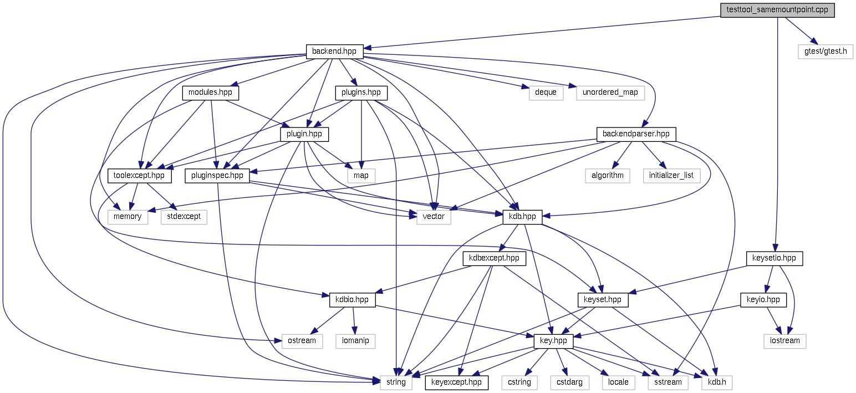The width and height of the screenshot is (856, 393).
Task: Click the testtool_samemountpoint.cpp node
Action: pyautogui.click(x=777, y=11)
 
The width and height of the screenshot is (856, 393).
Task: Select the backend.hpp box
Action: pyautogui.click(x=334, y=52)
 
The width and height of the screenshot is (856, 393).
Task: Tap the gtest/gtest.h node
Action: pyautogui.click(x=826, y=52)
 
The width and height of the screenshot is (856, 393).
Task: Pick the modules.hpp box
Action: pyautogui.click(x=210, y=93)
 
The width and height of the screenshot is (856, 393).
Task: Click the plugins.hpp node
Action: pyautogui.click(x=361, y=93)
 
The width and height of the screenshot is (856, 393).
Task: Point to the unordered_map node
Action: pyautogui.click(x=610, y=93)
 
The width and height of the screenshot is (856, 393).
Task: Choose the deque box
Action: pyautogui.click(x=546, y=93)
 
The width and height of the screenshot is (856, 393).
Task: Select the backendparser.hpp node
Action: pyautogui.click(x=636, y=134)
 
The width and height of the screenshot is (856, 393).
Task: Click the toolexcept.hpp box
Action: pyautogui.click(x=139, y=176)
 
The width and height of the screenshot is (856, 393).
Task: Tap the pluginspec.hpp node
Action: pyautogui.click(x=217, y=176)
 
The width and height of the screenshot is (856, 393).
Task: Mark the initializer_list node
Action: pyautogui.click(x=671, y=176)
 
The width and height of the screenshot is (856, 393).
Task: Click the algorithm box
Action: pyautogui.click(x=607, y=176)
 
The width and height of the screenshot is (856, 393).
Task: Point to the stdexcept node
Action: pyautogui.click(x=184, y=217)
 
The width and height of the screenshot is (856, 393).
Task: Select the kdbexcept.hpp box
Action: pyautogui.click(x=494, y=258)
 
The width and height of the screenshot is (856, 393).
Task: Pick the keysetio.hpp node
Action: pyautogui.click(x=774, y=258)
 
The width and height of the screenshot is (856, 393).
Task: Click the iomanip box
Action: pyautogui.click(x=355, y=340)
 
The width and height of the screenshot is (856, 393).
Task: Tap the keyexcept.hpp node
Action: pyautogui.click(x=456, y=382)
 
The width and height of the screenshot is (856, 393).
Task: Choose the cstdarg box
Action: pyautogui.click(x=566, y=382)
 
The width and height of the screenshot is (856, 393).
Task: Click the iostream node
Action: pyautogui.click(x=785, y=340)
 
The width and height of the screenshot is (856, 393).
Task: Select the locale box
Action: pyautogui.click(x=618, y=382)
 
